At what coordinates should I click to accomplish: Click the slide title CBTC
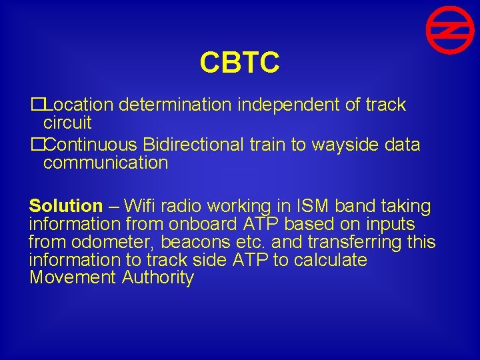click(239, 63)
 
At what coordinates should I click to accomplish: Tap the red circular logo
click(450, 30)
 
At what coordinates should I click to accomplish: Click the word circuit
click(67, 123)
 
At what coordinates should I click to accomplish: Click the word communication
click(105, 163)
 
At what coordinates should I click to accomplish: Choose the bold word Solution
click(66, 206)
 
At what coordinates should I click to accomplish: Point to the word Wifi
click(140, 206)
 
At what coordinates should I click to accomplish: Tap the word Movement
click(73, 278)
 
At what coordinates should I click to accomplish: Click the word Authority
click(158, 278)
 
